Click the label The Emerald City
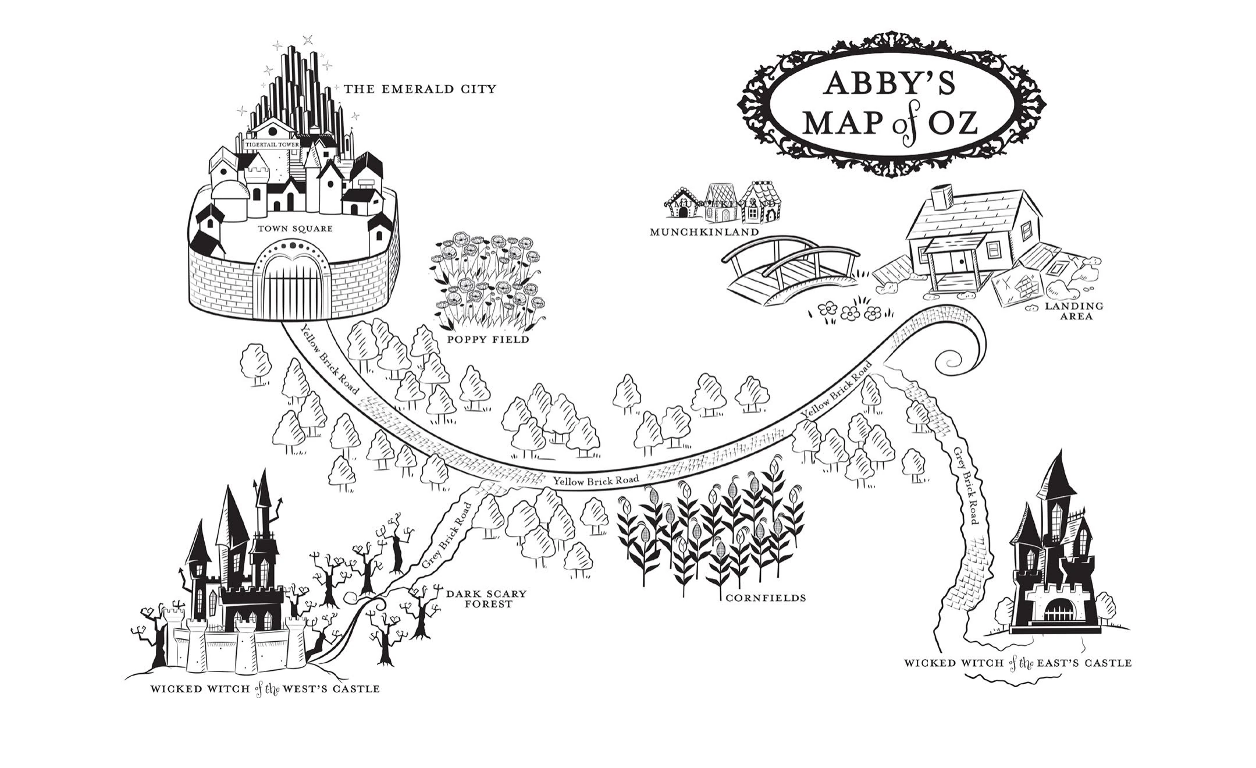pos(419,90)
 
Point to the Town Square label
pos(296,229)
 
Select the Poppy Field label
pos(488,339)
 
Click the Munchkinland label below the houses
pos(704,232)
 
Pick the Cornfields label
pos(765,598)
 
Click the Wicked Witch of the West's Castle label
pos(265,689)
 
